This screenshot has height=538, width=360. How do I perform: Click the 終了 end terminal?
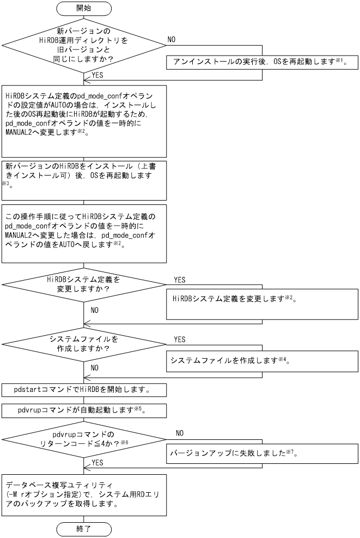coord(84,528)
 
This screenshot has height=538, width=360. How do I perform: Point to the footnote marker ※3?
coord(7,184)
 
